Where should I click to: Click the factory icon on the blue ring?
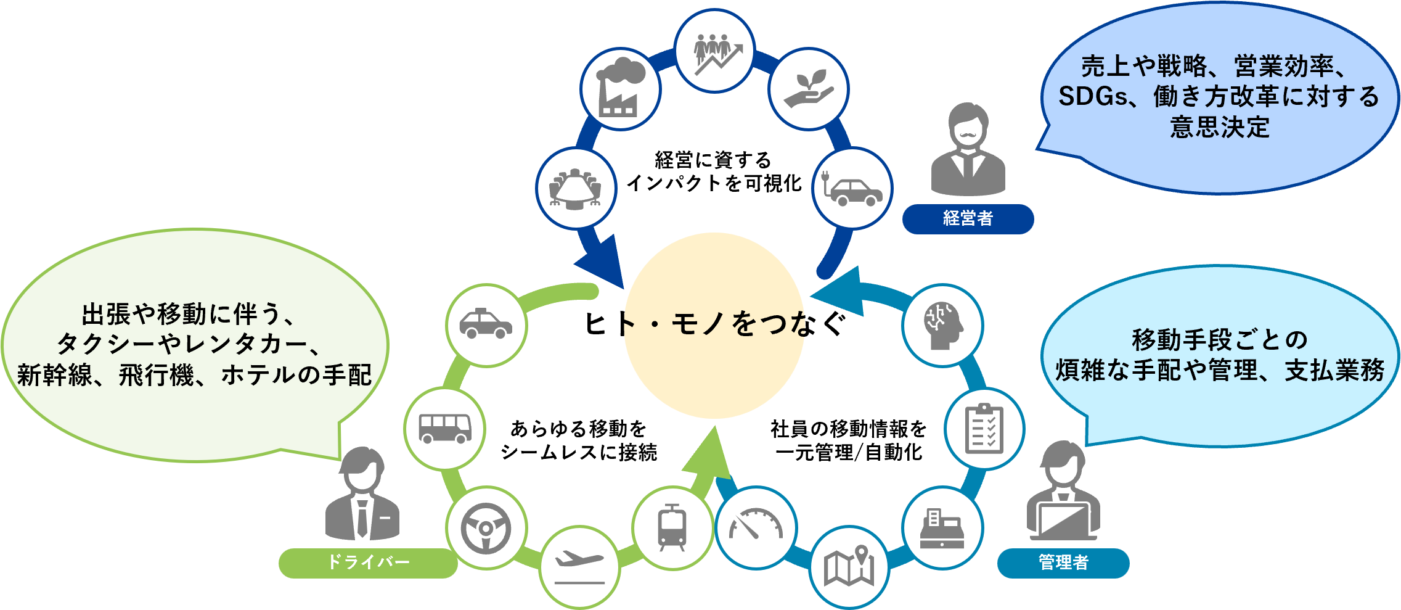[x=620, y=89]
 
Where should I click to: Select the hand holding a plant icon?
[x=809, y=89]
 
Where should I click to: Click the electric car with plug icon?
[x=853, y=188]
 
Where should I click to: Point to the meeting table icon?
[x=576, y=188]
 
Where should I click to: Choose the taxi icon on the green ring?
[x=486, y=325]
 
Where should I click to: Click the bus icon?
[x=445, y=428]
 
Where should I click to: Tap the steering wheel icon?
[x=486, y=528]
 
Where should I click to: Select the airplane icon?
[x=579, y=566]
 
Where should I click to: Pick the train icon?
[x=672, y=528]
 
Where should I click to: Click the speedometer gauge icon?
[x=756, y=528]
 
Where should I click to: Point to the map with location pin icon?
[x=849, y=566]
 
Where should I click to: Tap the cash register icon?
[x=942, y=528]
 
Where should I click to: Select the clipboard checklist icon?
[x=984, y=428]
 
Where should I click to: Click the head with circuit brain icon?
[x=942, y=325]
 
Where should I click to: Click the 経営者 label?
[x=968, y=218]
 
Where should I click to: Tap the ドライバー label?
[x=368, y=563]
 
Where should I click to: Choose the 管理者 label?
[x=1063, y=563]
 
